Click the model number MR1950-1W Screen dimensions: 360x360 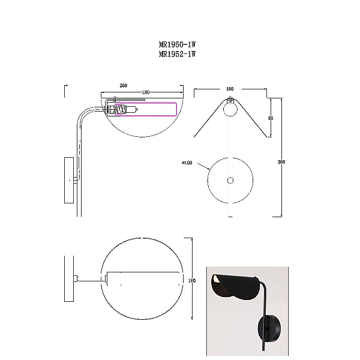click(177, 44)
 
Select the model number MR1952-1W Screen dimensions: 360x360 click(177, 54)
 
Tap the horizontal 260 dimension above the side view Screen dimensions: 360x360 click(123, 85)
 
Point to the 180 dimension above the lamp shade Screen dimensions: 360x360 click(146, 92)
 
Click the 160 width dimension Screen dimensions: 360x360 click(230, 89)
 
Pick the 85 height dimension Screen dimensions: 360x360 click(271, 118)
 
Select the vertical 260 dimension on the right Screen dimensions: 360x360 click(281, 162)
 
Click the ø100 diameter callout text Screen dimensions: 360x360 click(187, 163)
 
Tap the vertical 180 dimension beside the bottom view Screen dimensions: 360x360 click(192, 281)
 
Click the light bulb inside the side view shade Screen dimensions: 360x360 click(131, 110)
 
